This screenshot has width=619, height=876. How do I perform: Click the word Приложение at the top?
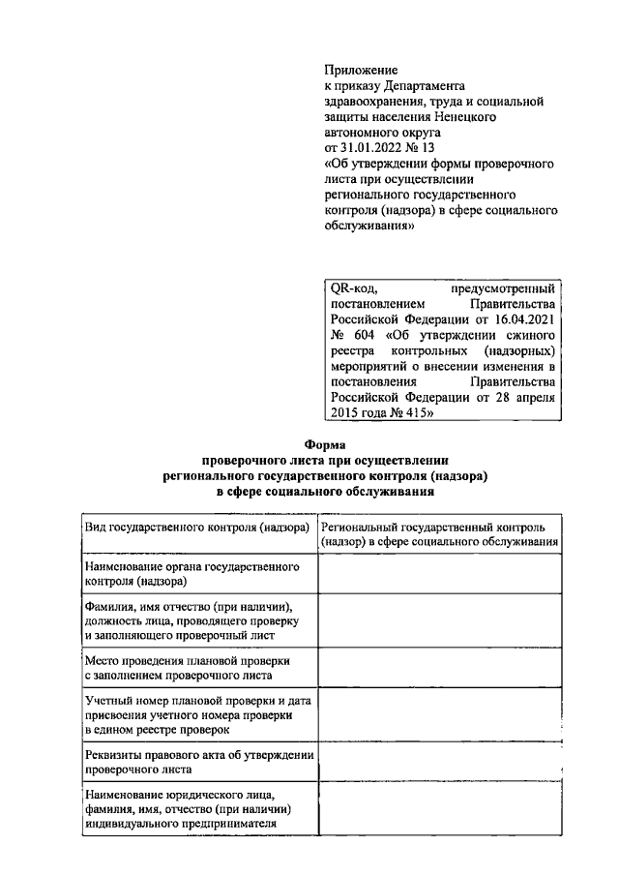click(x=359, y=71)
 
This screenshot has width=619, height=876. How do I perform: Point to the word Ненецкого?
click(x=458, y=116)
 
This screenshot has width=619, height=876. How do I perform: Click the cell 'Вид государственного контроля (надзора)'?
click(x=197, y=528)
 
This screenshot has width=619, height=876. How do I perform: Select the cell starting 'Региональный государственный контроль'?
click(x=439, y=534)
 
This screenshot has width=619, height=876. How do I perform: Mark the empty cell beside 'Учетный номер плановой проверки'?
click(x=439, y=713)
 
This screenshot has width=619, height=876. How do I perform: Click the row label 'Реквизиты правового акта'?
click(x=197, y=761)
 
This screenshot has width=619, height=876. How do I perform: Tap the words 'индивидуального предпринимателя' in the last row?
click(x=181, y=824)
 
